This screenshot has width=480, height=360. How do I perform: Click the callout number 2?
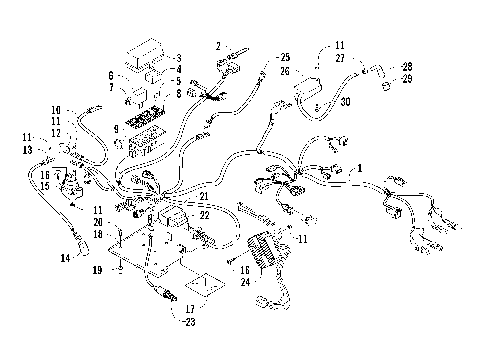pos(217,46)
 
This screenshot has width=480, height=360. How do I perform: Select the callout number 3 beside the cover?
pos(177,57)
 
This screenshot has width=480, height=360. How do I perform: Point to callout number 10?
pos(57,109)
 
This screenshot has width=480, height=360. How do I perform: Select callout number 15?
pos(44,185)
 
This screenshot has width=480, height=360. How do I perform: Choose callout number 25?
pos(284,56)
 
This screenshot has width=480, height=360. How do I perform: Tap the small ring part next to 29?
pos(385,86)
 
